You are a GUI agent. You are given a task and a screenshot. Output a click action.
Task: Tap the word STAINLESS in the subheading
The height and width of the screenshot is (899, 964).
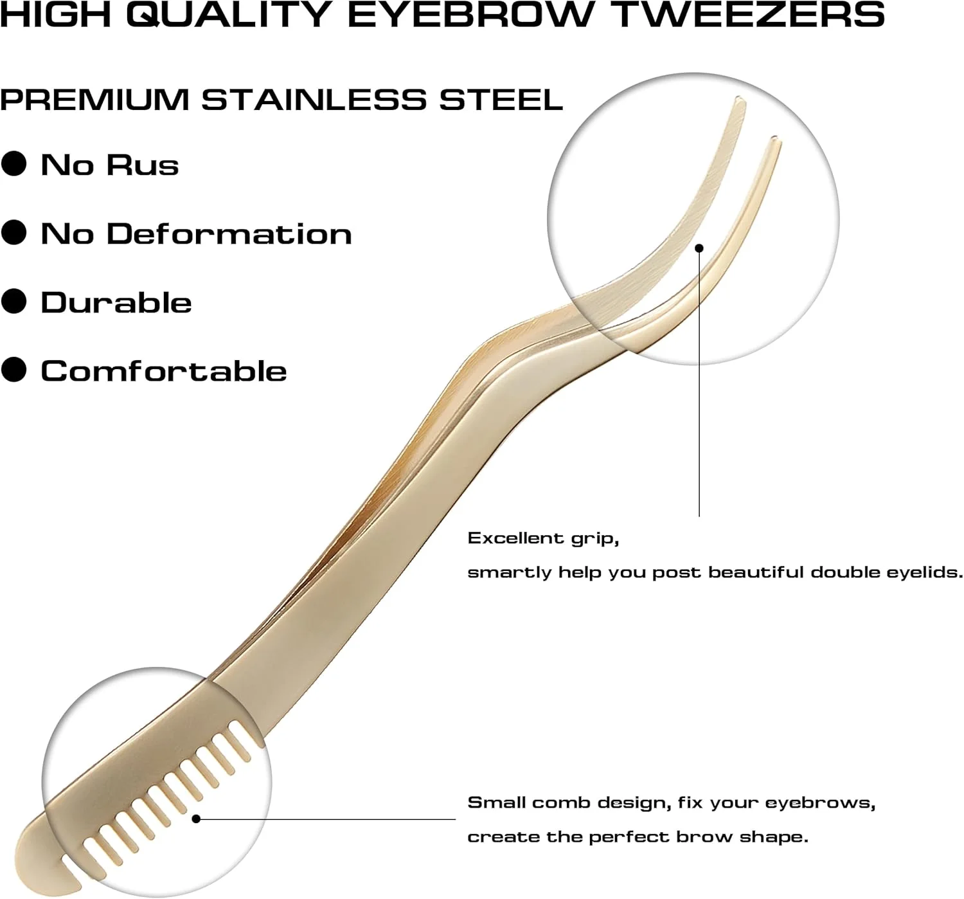[x=314, y=100]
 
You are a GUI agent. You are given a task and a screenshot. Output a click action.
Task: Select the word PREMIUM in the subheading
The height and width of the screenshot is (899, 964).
[x=94, y=100]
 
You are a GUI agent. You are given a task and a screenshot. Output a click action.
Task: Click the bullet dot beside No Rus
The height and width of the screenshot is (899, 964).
[x=13, y=164]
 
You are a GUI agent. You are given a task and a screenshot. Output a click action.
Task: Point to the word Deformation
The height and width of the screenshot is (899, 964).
[x=229, y=233]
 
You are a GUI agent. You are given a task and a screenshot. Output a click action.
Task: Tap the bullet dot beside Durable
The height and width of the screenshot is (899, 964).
[x=13, y=302]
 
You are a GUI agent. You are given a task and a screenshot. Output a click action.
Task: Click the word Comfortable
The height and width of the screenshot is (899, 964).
[x=164, y=371]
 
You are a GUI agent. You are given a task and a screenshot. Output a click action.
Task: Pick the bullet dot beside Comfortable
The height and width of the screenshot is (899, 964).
[x=13, y=370]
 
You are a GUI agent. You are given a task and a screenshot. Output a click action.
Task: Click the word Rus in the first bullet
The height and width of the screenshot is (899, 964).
[x=143, y=165]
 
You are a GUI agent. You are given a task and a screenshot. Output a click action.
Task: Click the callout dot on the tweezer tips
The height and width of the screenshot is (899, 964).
[x=699, y=248]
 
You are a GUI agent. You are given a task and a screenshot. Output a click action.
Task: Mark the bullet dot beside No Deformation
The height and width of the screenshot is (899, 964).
[x=13, y=233]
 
